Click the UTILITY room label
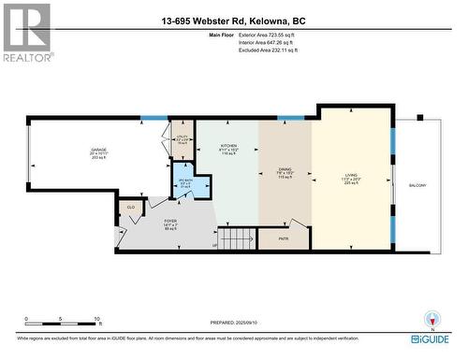coord(183,140)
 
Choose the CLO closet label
coord(131,208)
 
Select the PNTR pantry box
coord(285,238)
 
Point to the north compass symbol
coord(431,319)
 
